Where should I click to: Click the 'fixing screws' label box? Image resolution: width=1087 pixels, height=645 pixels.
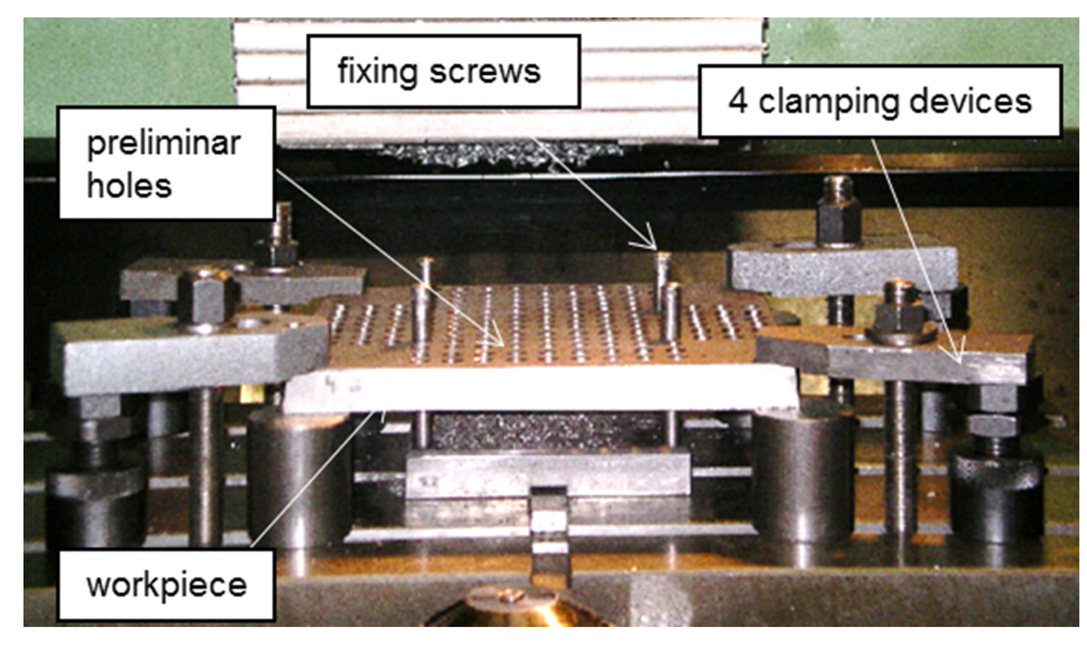pos(443,71)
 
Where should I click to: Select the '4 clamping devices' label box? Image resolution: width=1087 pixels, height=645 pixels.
pos(880,102)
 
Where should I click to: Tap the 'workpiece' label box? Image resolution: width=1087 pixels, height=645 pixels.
pos(167,585)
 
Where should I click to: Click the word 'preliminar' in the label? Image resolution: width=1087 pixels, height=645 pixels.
pos(164,144)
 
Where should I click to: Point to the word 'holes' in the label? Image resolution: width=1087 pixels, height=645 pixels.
pos(129,185)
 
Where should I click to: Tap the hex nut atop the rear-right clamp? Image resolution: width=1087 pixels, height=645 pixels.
pos(839,220)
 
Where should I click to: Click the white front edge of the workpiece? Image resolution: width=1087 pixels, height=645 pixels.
pos(541,388)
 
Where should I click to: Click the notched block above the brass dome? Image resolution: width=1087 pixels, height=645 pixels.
pos(549,531)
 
